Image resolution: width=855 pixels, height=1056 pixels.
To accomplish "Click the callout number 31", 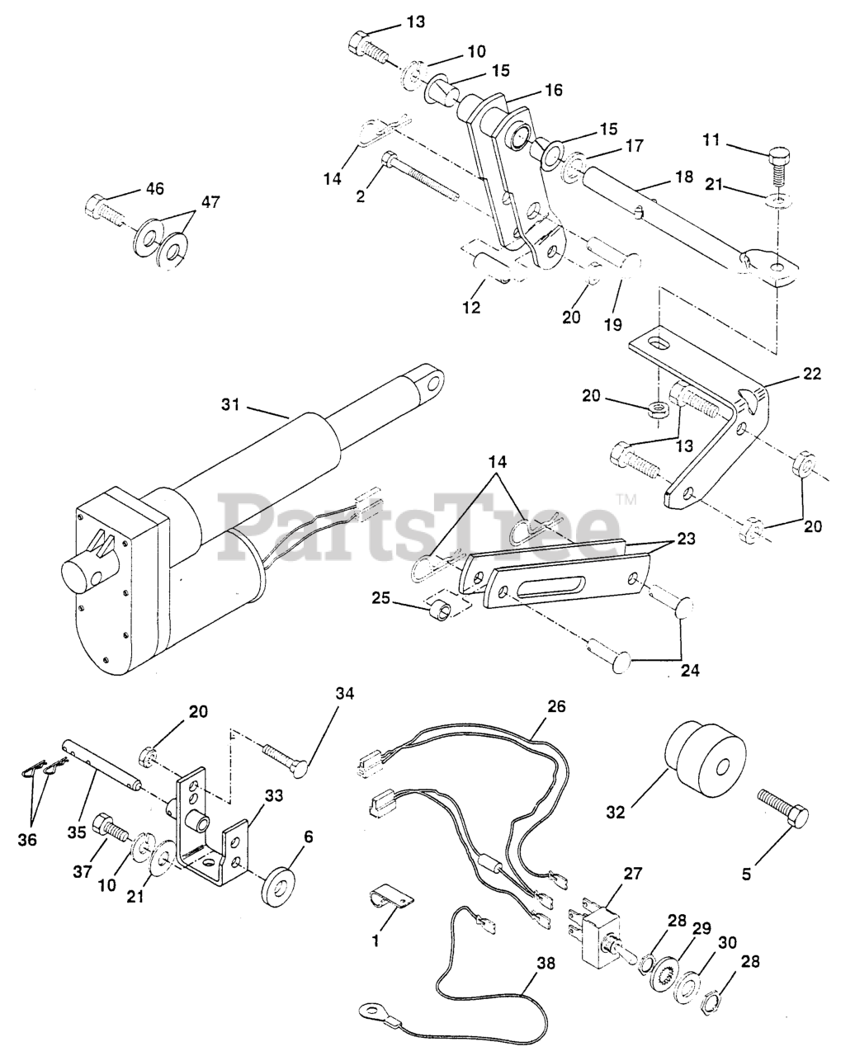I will (233, 405).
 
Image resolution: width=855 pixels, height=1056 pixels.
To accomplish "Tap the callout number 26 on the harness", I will (556, 707).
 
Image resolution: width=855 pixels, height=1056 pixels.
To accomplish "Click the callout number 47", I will (210, 202).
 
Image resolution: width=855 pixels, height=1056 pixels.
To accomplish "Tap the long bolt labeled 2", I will (421, 175).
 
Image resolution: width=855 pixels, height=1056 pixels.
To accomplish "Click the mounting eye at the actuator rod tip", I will (429, 380).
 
